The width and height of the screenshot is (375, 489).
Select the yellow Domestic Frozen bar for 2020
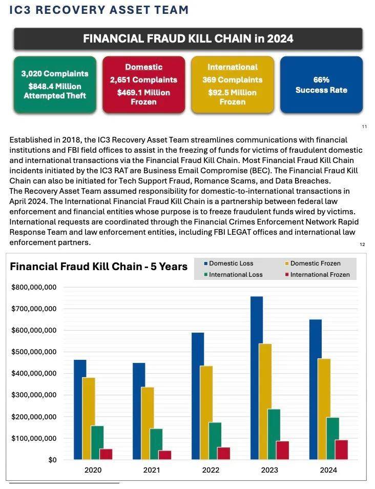pyautogui.click(x=89, y=418)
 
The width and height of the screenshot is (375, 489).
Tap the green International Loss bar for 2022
pyautogui.click(x=215, y=441)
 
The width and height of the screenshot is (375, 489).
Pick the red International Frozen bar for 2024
pyautogui.click(x=341, y=450)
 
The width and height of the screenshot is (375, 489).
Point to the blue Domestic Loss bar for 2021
pyautogui.click(x=138, y=411)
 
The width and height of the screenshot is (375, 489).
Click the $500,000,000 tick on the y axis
pyautogui.click(x=34, y=352)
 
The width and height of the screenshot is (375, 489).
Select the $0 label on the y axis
pyautogui.click(x=52, y=460)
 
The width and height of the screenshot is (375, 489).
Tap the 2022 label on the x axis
pyautogui.click(x=211, y=470)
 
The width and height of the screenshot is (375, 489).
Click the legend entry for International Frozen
pyautogui.click(x=320, y=275)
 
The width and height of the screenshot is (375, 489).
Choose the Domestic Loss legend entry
pyautogui.click(x=231, y=263)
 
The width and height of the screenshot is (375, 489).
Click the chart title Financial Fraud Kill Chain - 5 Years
pyautogui.click(x=99, y=267)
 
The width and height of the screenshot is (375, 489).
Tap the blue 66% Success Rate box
pyautogui.click(x=321, y=85)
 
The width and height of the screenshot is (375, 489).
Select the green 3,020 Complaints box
pyautogui.click(x=55, y=85)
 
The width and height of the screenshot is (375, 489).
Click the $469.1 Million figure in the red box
pyautogui.click(x=143, y=92)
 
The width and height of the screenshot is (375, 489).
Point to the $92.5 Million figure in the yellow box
pyautogui.click(x=232, y=93)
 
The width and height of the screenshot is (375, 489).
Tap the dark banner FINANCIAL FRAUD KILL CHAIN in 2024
pyautogui.click(x=188, y=39)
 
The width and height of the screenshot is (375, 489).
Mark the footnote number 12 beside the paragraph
pyautogui.click(x=363, y=244)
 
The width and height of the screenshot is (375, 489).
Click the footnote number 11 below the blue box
pyautogui.click(x=364, y=126)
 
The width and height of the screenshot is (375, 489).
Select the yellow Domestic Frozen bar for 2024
pyautogui.click(x=324, y=409)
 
